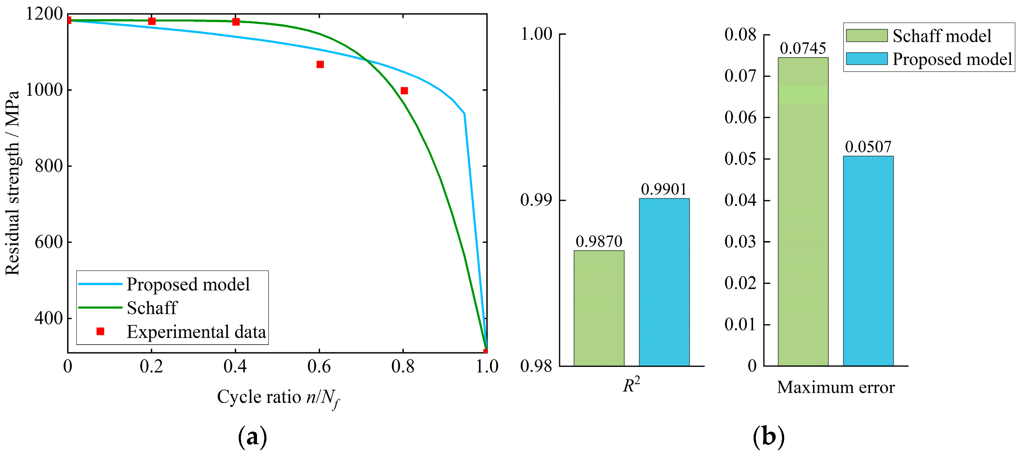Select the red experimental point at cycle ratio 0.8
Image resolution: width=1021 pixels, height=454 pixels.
click(x=404, y=91)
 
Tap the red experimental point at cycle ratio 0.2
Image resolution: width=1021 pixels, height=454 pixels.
click(x=152, y=21)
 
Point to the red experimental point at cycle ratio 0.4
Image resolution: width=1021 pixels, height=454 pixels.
click(x=236, y=21)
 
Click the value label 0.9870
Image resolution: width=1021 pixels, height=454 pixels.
click(x=598, y=241)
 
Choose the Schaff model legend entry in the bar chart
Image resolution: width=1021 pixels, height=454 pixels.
click(x=941, y=36)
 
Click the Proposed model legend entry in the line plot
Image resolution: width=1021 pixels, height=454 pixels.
click(x=188, y=284)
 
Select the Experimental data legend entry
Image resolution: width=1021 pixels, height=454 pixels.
click(x=196, y=332)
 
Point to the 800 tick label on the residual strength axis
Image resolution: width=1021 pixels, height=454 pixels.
click(x=49, y=166)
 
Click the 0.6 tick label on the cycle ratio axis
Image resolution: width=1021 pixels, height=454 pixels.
click(x=319, y=366)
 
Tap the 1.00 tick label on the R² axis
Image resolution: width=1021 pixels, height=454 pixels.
click(x=536, y=34)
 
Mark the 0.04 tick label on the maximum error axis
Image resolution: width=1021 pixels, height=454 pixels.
click(x=740, y=200)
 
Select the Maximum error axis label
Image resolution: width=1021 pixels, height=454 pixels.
click(x=836, y=387)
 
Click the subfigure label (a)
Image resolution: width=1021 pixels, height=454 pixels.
click(x=252, y=437)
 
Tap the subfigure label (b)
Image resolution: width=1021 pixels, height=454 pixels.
click(x=768, y=437)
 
